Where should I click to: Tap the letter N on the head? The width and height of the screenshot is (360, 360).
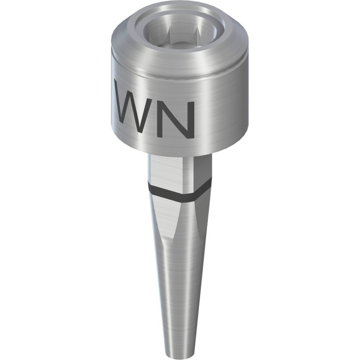178,119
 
